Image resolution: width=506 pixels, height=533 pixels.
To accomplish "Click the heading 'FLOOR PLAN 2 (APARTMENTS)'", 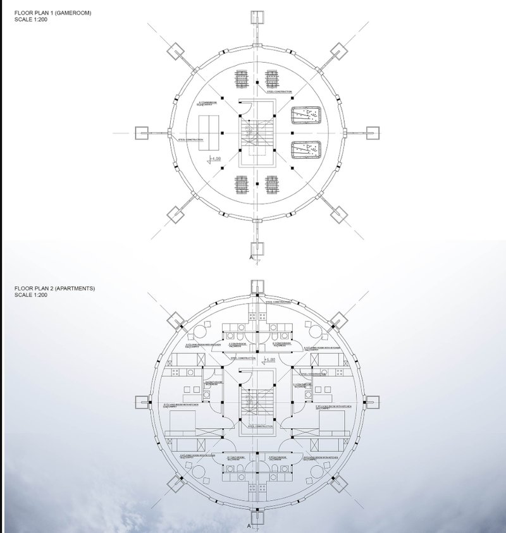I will pos(54,288).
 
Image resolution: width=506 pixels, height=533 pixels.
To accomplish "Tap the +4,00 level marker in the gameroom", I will pos(216,159).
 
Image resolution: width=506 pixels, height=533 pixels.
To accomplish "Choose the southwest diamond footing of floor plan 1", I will pos(176,214).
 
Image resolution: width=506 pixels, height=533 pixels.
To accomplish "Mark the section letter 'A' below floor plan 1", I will pos(252,259).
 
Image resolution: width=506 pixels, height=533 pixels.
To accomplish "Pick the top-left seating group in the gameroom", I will pos(242,81).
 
